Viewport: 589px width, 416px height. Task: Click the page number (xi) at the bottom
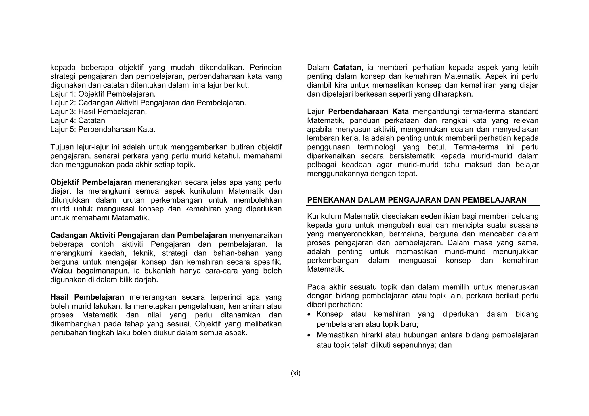[x=295, y=373]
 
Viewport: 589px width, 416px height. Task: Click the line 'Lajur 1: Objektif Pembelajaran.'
[x=103, y=94]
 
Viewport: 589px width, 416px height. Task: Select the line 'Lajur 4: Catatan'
[x=78, y=120]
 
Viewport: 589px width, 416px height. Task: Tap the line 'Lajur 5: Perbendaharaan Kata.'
[x=103, y=129]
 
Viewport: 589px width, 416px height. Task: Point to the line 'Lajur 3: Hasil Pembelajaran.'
[x=98, y=111]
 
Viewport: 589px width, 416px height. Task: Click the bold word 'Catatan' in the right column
[x=347, y=68]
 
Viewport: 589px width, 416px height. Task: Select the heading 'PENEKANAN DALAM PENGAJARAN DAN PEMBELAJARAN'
[x=417, y=200]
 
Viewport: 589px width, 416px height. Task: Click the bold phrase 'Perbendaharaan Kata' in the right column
[x=368, y=111]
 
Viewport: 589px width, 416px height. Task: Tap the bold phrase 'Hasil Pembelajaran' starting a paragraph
[x=87, y=297]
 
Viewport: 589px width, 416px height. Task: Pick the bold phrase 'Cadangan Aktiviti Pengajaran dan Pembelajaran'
[x=139, y=235]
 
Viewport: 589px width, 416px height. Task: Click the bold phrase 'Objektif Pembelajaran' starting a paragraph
[x=91, y=182]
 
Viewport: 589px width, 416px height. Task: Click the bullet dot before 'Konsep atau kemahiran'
[x=309, y=315]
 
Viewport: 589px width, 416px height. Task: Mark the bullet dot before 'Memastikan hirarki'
[x=309, y=336]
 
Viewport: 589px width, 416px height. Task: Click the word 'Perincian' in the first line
[x=265, y=68]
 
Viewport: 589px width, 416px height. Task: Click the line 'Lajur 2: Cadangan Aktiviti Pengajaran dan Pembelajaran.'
[x=148, y=103]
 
